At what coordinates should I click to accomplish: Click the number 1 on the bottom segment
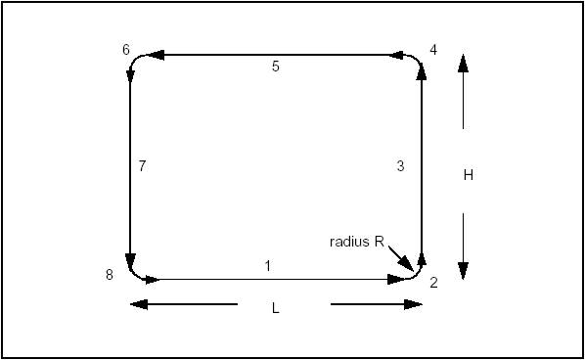(x=267, y=265)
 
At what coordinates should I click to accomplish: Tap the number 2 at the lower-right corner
(x=433, y=283)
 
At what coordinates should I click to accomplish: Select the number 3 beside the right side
(x=399, y=166)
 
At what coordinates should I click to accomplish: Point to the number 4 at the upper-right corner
(x=433, y=49)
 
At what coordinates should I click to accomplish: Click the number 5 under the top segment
(x=276, y=67)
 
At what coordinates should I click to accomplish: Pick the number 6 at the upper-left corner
(x=126, y=49)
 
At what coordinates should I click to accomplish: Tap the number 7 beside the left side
(x=142, y=166)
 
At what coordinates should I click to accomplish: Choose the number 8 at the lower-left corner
(x=111, y=275)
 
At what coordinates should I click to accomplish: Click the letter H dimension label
(x=469, y=175)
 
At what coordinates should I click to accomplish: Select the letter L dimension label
(x=276, y=308)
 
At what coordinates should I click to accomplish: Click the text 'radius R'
(x=356, y=241)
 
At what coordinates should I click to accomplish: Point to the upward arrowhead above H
(x=463, y=63)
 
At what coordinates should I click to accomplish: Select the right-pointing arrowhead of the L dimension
(x=415, y=304)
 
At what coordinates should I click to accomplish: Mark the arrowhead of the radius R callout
(x=410, y=263)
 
